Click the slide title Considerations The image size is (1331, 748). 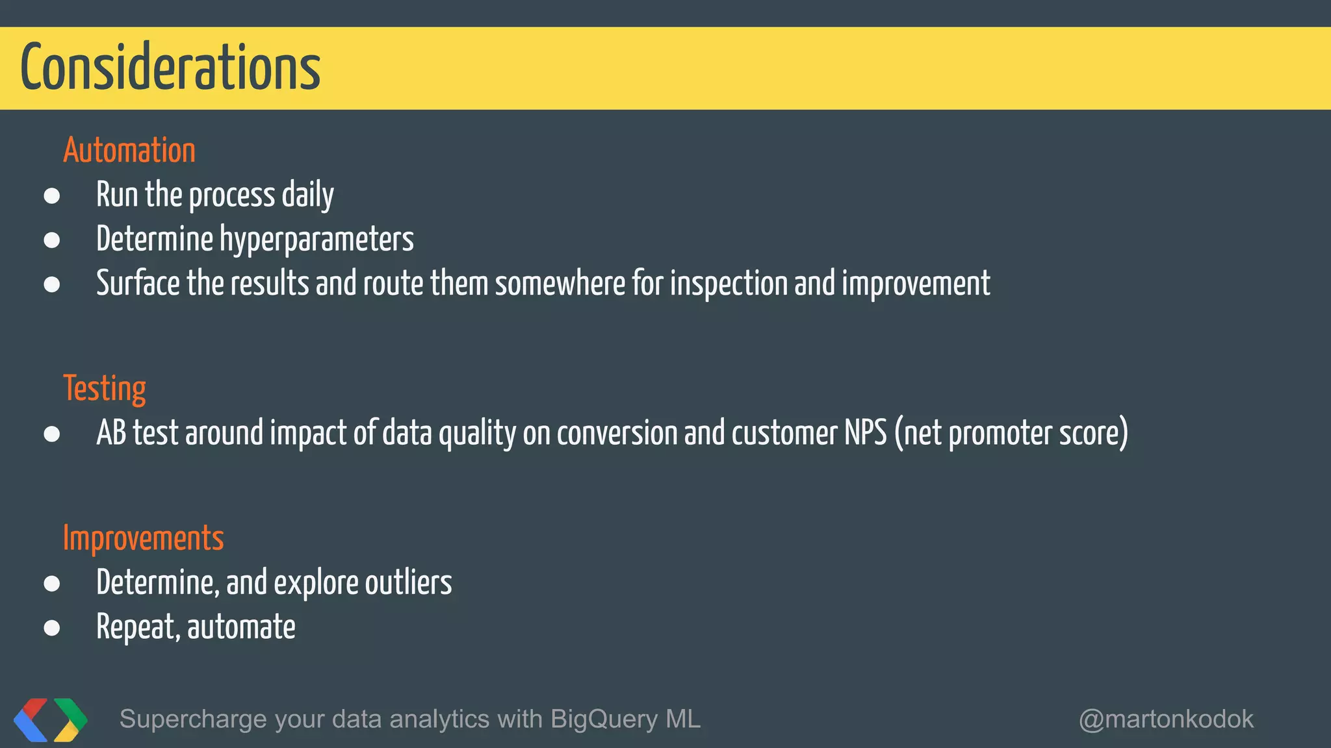tap(170, 67)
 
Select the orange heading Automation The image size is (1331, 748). tap(129, 151)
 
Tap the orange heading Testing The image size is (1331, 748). tap(105, 388)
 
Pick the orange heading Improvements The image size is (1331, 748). tap(143, 538)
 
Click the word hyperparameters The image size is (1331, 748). tap(317, 240)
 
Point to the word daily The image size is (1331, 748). tap(307, 195)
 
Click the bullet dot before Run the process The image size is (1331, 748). tap(52, 195)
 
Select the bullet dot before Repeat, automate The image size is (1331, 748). tap(52, 628)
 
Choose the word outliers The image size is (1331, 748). tap(408, 582)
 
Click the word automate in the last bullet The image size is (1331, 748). tap(241, 627)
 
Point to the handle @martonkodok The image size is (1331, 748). tap(1166, 719)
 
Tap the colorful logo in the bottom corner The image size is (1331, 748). tap(50, 719)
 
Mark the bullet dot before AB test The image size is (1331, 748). tap(52, 434)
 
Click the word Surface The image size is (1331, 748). tap(138, 284)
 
